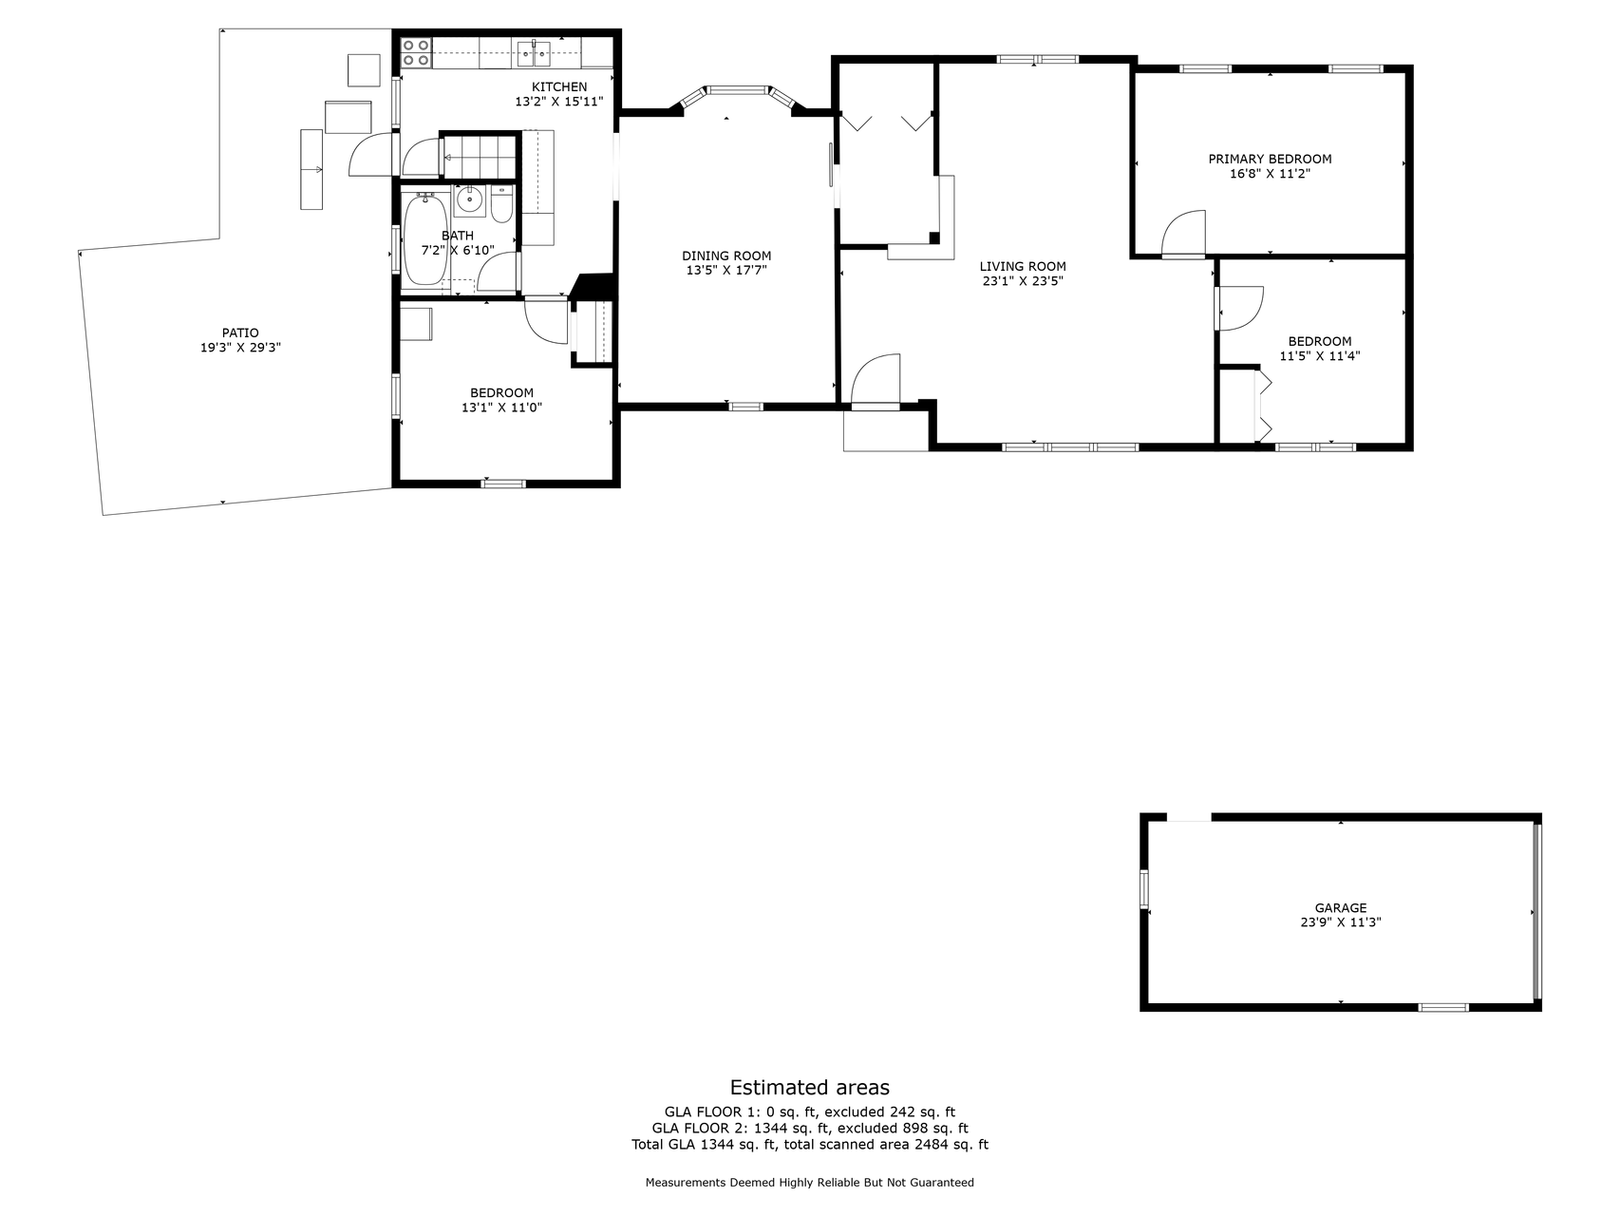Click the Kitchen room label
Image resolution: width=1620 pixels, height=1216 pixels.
tap(559, 87)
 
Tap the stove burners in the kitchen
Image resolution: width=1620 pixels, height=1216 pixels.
tap(416, 52)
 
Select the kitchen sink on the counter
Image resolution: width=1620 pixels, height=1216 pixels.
tap(535, 53)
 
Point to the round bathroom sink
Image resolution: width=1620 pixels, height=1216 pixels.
tap(469, 200)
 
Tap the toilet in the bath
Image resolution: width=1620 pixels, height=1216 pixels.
tap(502, 203)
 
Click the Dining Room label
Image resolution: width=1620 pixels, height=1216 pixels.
tap(726, 256)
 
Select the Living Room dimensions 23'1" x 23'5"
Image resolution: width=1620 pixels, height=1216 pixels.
tap(1022, 281)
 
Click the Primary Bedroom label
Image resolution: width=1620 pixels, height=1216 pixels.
tap(1270, 159)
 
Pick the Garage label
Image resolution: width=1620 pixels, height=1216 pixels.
tap(1341, 908)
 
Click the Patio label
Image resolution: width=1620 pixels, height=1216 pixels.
tap(240, 333)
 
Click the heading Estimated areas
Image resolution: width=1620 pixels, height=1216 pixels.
tap(810, 1088)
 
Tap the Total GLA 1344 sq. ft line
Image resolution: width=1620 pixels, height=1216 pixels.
tap(810, 1145)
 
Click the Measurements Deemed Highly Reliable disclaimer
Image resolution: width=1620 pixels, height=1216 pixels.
tap(810, 1183)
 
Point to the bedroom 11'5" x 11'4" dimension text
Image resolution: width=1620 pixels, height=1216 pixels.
tap(1320, 356)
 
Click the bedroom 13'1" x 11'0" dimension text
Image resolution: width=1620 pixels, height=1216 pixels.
tap(501, 408)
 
